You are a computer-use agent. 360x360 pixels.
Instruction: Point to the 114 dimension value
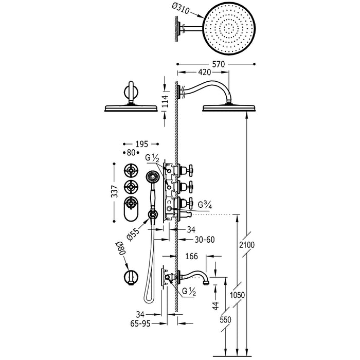pyautogui.click(x=165, y=101)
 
